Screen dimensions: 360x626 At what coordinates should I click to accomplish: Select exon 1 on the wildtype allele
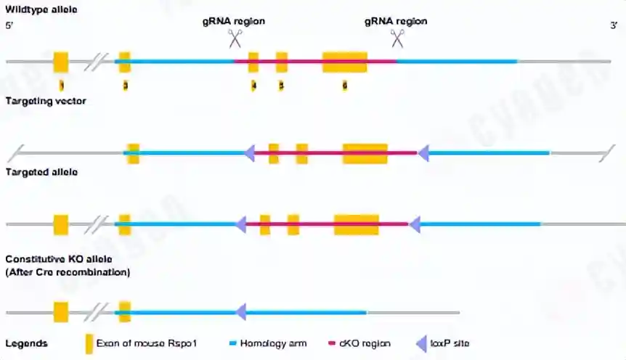(61, 62)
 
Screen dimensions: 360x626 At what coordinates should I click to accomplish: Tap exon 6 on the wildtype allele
(345, 62)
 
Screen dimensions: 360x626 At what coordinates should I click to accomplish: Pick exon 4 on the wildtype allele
(253, 62)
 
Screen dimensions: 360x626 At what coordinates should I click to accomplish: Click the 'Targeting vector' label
(46, 101)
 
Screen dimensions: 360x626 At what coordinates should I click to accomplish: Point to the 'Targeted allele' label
(41, 172)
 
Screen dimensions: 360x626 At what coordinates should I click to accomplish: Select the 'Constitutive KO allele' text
(59, 259)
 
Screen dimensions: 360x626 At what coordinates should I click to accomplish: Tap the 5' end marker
(9, 25)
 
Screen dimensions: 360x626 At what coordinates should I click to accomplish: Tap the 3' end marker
(613, 25)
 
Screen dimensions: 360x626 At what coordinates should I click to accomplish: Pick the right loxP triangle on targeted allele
(415, 224)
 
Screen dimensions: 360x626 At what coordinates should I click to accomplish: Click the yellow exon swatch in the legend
(89, 343)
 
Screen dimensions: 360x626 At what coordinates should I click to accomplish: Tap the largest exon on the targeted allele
(356, 224)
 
